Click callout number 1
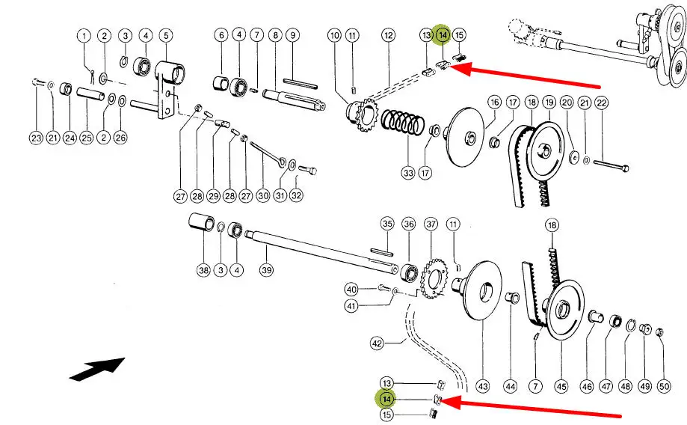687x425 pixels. [84, 36]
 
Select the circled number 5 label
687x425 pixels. [164, 35]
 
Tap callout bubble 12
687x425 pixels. [388, 35]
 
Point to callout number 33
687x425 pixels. [407, 173]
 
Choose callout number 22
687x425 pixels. [602, 103]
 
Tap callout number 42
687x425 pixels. [377, 343]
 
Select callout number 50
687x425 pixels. [664, 387]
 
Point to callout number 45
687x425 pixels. [561, 387]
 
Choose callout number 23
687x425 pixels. [36, 137]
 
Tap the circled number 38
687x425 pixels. [203, 270]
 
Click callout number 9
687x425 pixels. [293, 35]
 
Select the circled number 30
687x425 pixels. [262, 196]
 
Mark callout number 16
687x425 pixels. [494, 103]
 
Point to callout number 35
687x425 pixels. [386, 224]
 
